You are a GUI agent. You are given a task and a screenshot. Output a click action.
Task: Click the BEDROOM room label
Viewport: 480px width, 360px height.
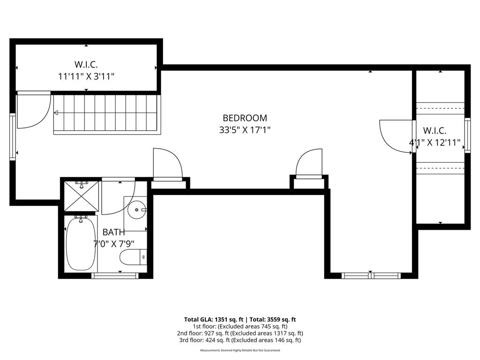tap(245, 118)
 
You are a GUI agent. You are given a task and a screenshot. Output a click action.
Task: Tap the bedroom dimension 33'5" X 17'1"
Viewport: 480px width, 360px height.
tap(245, 130)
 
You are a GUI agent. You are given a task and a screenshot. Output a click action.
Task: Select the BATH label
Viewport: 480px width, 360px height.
tap(113, 232)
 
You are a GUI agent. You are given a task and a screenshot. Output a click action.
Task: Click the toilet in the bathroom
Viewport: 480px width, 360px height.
tap(133, 257)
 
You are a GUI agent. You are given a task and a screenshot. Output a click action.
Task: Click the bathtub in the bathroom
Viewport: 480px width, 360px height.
tap(81, 243)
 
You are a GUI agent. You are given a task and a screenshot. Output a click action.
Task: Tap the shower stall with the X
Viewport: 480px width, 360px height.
tap(82, 196)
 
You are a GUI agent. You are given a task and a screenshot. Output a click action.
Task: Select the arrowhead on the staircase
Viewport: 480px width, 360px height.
tap(56, 113)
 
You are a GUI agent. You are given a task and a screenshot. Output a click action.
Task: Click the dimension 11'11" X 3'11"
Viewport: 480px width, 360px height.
tap(86, 76)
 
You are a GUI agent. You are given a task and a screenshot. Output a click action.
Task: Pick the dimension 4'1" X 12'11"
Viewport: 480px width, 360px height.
tap(435, 142)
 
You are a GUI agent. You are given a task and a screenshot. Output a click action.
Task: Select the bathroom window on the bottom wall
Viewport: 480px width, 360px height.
tap(115, 276)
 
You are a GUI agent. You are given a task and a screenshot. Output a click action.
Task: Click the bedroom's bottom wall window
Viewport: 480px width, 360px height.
tap(371, 276)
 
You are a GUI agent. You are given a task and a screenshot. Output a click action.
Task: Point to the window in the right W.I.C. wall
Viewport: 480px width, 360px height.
tap(467, 135)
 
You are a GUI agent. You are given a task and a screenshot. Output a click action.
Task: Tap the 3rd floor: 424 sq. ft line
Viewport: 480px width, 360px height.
tap(240, 340)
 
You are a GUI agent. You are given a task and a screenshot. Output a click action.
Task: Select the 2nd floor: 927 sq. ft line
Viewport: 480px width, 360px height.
tap(240, 333)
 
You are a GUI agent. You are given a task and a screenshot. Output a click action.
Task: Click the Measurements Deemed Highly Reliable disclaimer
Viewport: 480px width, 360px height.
tap(240, 350)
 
